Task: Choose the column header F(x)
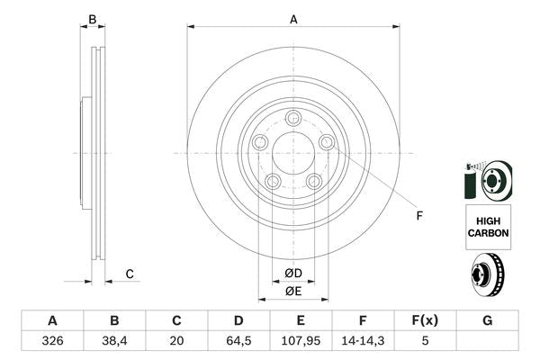point(426,320)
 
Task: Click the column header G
point(487,320)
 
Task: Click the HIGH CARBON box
point(488,226)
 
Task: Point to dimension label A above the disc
point(293,18)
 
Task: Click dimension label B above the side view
point(92,18)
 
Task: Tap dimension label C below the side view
point(130,274)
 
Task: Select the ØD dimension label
point(293,274)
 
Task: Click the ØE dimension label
point(293,291)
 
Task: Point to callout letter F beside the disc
point(418,216)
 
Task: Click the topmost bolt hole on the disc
point(293,118)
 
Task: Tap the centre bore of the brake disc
point(293,150)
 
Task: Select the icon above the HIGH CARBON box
point(487,180)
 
